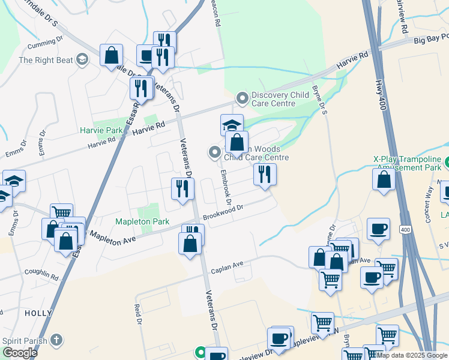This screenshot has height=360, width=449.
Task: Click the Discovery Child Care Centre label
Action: coord(280,99)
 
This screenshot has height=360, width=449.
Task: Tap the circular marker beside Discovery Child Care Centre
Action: coord(243,97)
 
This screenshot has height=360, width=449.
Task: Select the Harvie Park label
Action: coord(97,130)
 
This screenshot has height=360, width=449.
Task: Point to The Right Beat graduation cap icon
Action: coord(82,59)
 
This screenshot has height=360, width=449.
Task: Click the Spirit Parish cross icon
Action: coord(56,340)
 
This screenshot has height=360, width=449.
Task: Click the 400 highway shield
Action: coord(405,230)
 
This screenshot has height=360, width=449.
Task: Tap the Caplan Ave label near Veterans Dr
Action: coord(226,268)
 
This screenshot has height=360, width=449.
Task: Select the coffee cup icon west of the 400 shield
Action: coord(378,229)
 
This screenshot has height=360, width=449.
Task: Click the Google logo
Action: coord(20,353)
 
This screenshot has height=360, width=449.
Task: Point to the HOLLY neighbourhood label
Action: coord(35,313)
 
